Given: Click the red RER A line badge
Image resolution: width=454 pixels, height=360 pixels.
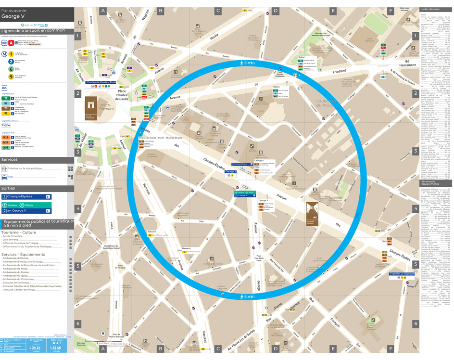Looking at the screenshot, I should click(11, 43).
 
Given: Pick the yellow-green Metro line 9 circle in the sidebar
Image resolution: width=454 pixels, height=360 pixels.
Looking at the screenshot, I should click(11, 77).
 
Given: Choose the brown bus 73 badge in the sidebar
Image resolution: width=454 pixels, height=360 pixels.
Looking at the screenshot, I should click(6, 108).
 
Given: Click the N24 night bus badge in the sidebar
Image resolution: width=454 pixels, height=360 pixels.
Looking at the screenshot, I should click(6, 142).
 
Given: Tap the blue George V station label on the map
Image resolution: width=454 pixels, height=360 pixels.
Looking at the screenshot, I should click(231, 171).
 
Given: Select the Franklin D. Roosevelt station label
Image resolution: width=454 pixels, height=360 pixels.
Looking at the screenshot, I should click(402, 274).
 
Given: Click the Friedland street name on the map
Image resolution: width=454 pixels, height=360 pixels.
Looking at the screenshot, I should click(339, 71).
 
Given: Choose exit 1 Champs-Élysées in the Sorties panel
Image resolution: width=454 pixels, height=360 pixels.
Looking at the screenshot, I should click(26, 197).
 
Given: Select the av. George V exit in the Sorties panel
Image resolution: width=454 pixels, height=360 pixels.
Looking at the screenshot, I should click(26, 211).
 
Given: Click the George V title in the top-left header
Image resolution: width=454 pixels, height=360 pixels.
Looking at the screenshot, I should click(13, 16).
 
